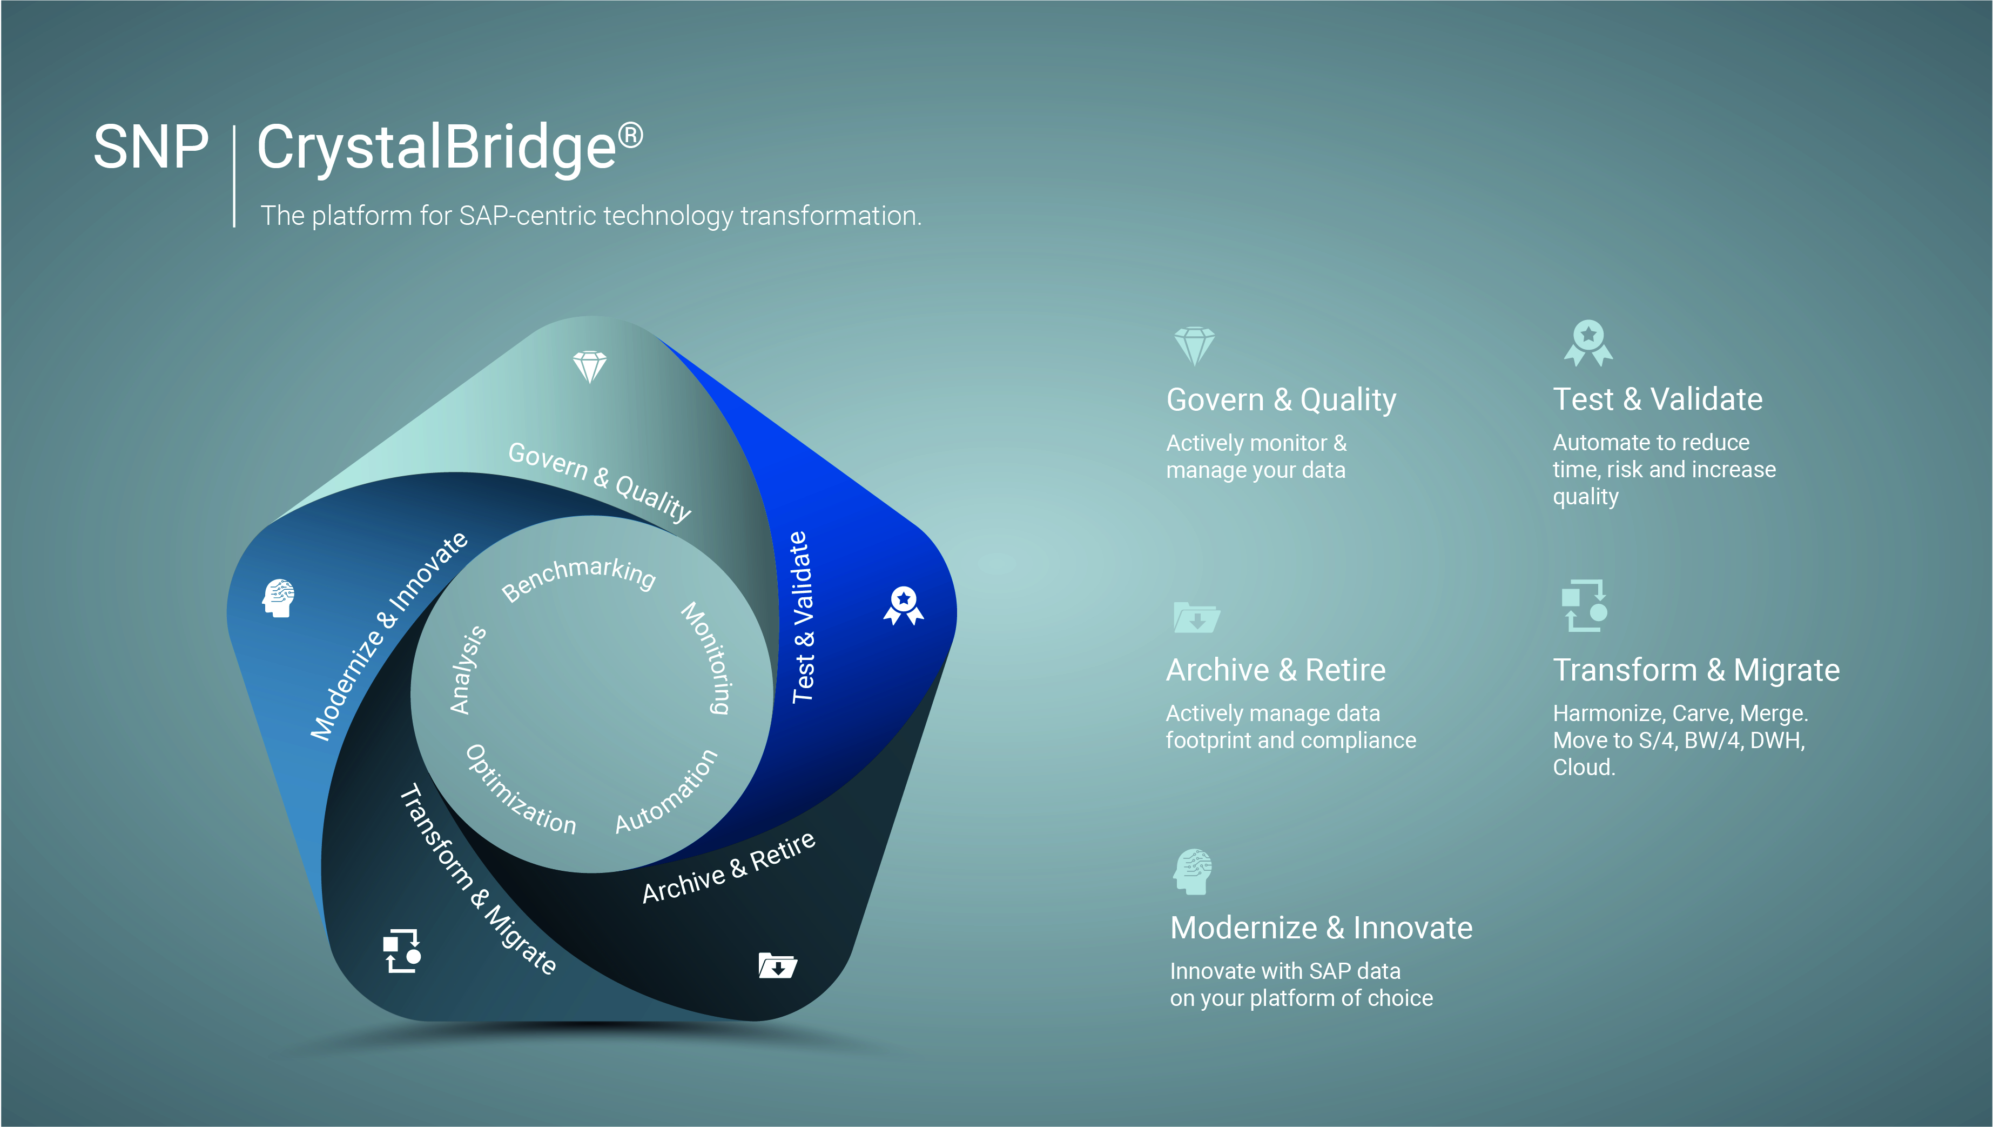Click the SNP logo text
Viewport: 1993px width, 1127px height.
151,147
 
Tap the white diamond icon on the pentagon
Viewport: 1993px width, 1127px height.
590,367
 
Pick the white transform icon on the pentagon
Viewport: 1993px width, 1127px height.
402,951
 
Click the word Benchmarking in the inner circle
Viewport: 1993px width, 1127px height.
578,577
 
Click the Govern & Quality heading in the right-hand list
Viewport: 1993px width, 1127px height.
1281,400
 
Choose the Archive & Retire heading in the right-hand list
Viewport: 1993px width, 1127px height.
1276,670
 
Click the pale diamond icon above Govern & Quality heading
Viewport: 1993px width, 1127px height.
1195,346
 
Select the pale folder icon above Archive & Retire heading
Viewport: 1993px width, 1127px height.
1196,618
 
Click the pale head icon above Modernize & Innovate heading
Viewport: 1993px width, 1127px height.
1193,871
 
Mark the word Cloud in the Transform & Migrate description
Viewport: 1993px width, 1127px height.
1584,768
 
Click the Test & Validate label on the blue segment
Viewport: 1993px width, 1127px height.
802,618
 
